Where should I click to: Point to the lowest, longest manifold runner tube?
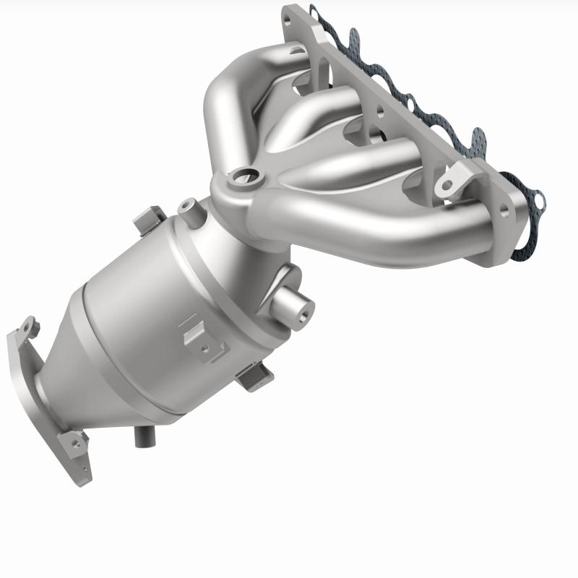click(405, 231)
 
